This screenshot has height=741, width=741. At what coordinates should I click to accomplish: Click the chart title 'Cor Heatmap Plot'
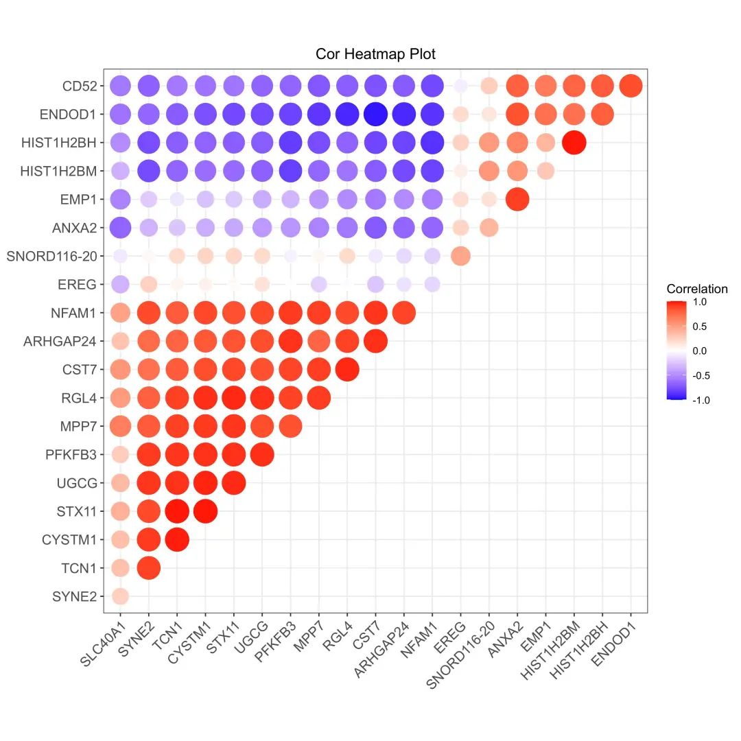[x=375, y=54]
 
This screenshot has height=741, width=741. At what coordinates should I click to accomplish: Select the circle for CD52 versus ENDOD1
[x=631, y=86]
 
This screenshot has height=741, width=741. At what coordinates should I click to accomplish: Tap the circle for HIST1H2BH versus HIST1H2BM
[x=574, y=143]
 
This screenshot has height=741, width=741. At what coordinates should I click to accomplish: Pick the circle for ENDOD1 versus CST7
[x=375, y=115]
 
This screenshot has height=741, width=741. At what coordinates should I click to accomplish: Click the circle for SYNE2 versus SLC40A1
[x=120, y=596]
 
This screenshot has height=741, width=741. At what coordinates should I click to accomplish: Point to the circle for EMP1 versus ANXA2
[x=517, y=200]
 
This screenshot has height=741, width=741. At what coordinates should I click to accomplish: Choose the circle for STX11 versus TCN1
[x=177, y=511]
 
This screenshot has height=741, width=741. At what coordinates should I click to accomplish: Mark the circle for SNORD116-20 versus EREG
[x=460, y=256]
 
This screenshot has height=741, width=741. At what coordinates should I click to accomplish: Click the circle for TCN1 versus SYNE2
[x=148, y=567]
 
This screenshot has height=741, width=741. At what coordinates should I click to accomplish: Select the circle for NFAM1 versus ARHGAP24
[x=403, y=313]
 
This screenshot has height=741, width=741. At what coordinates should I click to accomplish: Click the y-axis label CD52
[x=80, y=86]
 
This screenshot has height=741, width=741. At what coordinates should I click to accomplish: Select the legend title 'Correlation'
[x=696, y=289]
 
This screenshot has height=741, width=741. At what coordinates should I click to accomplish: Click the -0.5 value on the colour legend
[x=701, y=375]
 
